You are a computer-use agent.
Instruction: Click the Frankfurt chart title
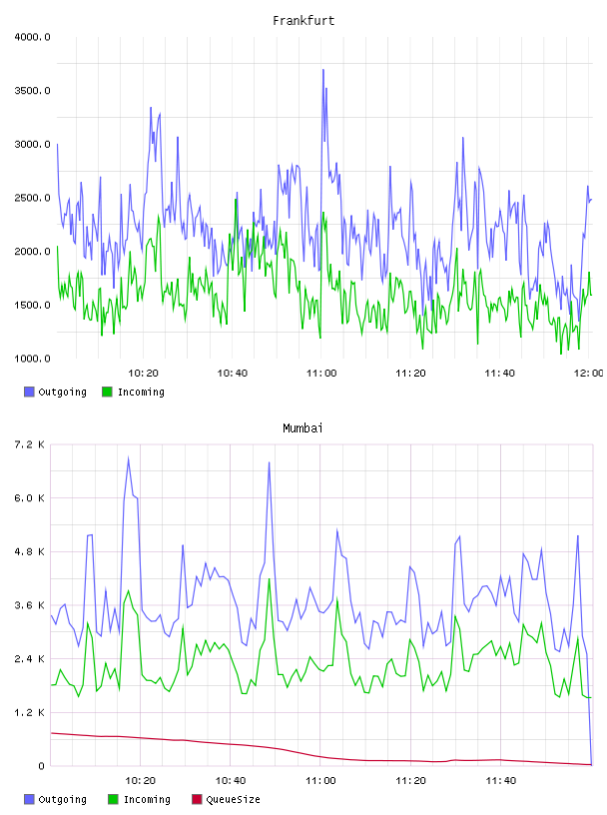[303, 21]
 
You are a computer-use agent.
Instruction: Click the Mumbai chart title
[303, 428]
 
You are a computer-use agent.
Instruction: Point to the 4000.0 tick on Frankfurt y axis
[32, 37]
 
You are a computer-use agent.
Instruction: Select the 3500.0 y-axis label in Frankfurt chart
[32, 91]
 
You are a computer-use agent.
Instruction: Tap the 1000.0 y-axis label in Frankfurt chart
[32, 359]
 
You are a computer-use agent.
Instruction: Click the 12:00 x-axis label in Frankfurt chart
[589, 374]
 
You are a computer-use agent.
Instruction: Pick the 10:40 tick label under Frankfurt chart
[233, 374]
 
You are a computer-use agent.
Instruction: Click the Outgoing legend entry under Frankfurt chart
[55, 392]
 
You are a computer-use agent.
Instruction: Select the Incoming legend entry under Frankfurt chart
[134, 392]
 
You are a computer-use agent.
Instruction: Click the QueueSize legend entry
[226, 799]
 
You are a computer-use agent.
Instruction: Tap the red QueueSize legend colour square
[197, 799]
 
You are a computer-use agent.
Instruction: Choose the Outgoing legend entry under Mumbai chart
[55, 799]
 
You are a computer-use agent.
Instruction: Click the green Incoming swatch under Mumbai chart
[113, 799]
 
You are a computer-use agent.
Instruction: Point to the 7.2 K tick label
[29, 444]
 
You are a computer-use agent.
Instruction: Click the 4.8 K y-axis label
[29, 552]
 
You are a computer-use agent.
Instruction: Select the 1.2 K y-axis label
[29, 712]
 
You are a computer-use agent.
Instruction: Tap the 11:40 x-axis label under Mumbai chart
[501, 781]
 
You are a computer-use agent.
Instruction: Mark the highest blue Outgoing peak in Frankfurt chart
[322, 70]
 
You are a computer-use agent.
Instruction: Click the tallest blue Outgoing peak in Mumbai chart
[129, 457]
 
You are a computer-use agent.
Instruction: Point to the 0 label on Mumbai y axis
[42, 766]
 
